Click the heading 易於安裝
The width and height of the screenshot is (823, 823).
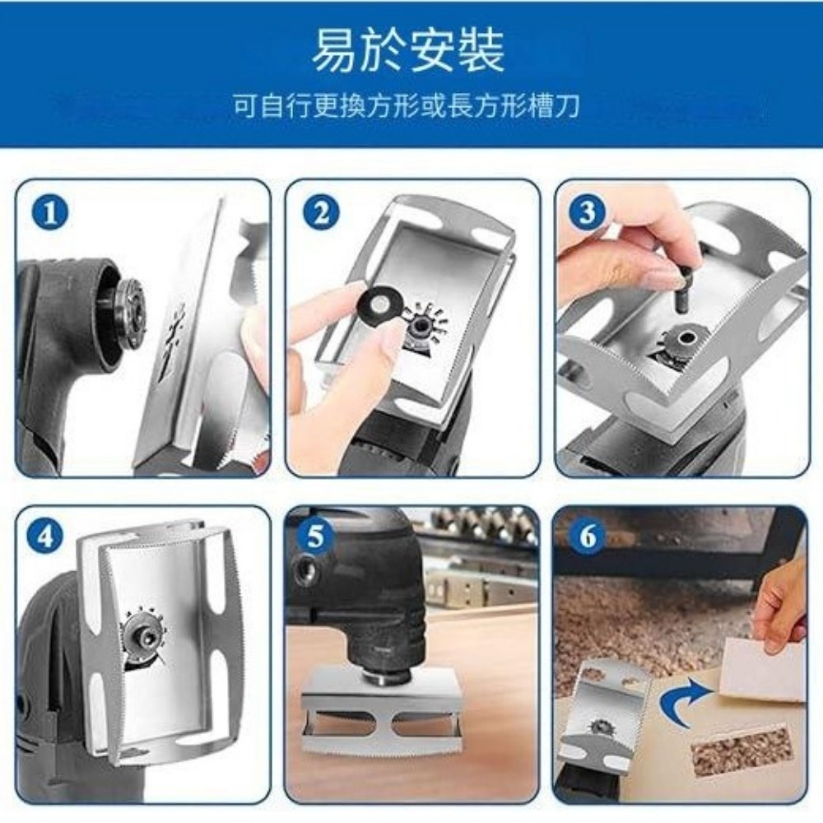coord(408,51)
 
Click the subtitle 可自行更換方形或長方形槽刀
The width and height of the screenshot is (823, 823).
coord(407,106)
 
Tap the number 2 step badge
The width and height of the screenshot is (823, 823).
coord(321,213)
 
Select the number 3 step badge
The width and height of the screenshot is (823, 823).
coord(588,212)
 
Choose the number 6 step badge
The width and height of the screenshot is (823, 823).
coord(588,537)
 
